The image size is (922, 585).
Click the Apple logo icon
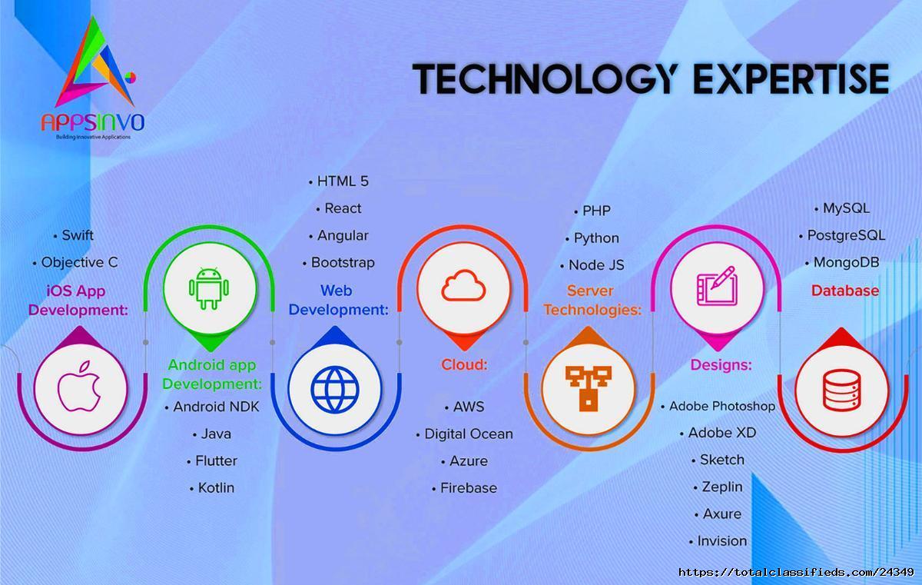(79, 387)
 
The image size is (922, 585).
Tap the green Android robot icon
(209, 288)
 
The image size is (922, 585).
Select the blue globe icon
(335, 389)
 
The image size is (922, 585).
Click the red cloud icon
(463, 285)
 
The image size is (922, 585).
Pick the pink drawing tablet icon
(717, 286)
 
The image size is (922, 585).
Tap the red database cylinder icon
(842, 390)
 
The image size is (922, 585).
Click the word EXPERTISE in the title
(791, 78)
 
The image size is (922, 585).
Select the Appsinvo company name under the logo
(93, 122)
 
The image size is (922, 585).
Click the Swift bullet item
(74, 235)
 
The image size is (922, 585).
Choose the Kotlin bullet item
(212, 488)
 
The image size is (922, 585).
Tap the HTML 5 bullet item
(339, 181)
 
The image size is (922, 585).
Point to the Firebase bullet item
(464, 488)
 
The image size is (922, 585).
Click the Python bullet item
(592, 238)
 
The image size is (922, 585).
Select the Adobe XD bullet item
(718, 433)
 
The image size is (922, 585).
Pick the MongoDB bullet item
(842, 262)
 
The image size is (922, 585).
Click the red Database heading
(845, 291)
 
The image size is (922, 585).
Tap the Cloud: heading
(464, 364)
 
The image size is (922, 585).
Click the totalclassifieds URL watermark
(796, 572)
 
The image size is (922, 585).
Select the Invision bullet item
(718, 540)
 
